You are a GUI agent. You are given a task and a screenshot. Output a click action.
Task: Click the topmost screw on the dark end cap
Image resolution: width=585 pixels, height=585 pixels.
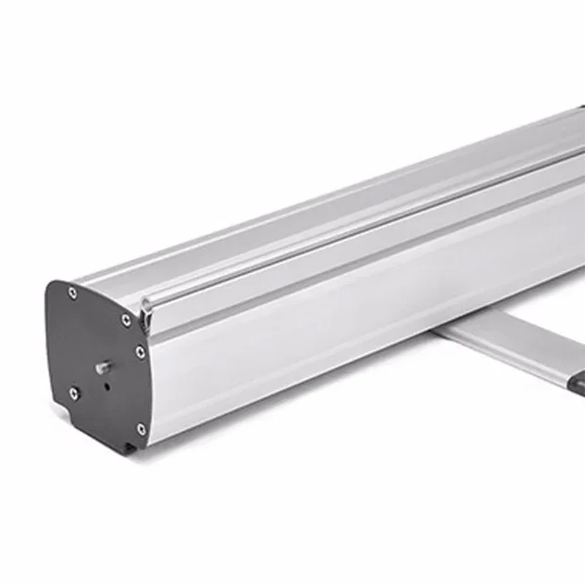click(73, 292)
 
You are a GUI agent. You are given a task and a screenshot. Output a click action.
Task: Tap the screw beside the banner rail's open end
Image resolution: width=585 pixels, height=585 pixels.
click(126, 319)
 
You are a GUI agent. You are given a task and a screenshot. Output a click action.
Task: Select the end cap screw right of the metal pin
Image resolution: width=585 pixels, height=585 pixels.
click(139, 352)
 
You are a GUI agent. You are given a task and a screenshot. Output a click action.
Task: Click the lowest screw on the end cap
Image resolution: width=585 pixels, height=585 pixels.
click(141, 429)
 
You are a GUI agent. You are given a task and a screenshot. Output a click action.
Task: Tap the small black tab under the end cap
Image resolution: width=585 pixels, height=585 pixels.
click(130, 448)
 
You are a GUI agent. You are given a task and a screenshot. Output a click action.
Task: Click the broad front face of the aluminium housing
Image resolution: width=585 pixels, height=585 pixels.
click(351, 310)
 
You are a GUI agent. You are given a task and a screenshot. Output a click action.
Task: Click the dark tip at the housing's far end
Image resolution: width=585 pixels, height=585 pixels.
click(580, 108)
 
